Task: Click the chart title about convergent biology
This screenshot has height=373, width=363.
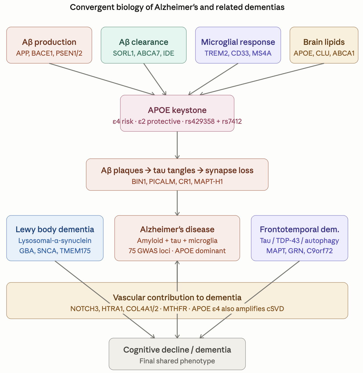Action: pyautogui.click(x=177, y=7)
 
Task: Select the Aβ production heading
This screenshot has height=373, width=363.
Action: pyautogui.click(x=49, y=42)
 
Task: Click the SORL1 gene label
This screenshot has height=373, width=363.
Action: pyautogui.click(x=123, y=53)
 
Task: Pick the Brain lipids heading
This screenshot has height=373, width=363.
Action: pyautogui.click(x=324, y=42)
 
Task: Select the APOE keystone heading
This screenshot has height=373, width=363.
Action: pyautogui.click(x=177, y=110)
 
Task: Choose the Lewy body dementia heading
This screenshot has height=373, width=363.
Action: pyautogui.click(x=55, y=229)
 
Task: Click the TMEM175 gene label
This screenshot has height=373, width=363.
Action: pyautogui.click(x=75, y=251)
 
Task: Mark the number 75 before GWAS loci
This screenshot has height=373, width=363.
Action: pyautogui.click(x=132, y=251)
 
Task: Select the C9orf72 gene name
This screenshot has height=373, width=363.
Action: pyautogui.click(x=319, y=251)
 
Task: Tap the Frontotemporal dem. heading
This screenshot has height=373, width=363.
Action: pyautogui.click(x=300, y=229)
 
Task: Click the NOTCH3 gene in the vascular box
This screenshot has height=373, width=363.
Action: pyautogui.click(x=85, y=309)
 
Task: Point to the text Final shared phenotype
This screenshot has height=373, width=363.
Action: pyautogui.click(x=177, y=361)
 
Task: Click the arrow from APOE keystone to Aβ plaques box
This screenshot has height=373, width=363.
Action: pyautogui.click(x=177, y=145)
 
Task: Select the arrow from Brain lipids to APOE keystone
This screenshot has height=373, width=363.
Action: pyautogui.click(x=262, y=79)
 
